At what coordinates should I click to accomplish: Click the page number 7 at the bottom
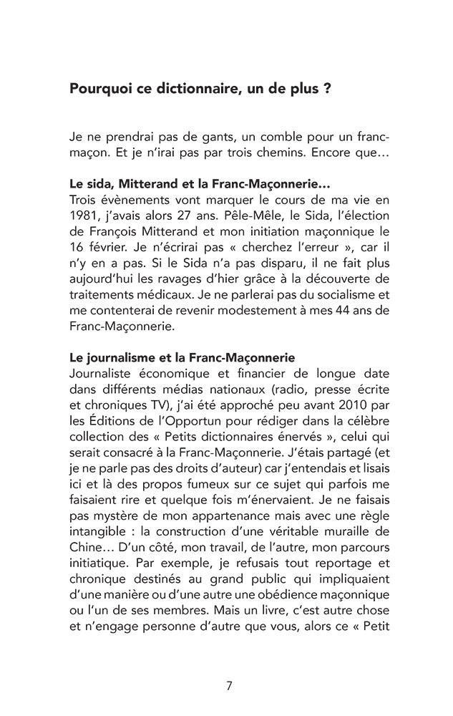tap(228, 685)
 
